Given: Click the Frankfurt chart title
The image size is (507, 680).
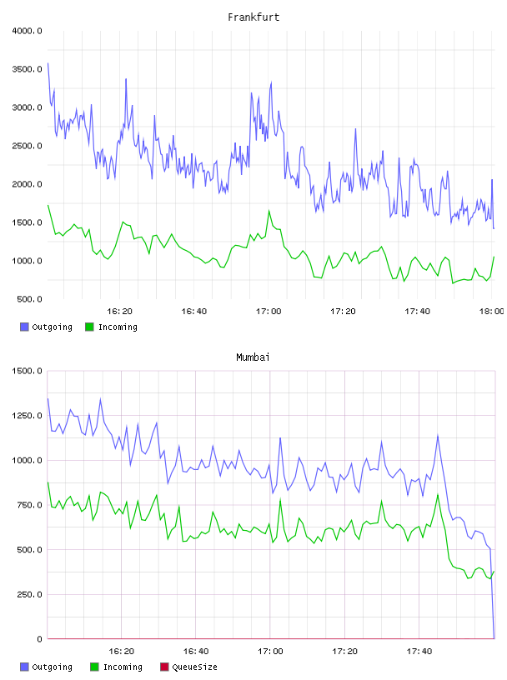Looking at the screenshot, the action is point(254,17).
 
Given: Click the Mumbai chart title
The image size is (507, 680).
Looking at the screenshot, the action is point(253,357).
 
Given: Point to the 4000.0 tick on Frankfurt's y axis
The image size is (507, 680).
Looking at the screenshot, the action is point(27,31).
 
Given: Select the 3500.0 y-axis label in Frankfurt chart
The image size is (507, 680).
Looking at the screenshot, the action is point(27,69).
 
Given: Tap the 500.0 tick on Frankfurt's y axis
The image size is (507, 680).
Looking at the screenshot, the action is point(29,299).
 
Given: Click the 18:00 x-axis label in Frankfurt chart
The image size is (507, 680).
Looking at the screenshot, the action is point(491,312).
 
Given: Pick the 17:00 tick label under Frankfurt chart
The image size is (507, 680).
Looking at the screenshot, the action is point(269,312).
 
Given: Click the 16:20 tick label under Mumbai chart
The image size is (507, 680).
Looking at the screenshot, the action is point(121,652).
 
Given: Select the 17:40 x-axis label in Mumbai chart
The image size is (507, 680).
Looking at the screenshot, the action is point(419,652).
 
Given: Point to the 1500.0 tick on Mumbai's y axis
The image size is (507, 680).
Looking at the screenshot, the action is point(27,371).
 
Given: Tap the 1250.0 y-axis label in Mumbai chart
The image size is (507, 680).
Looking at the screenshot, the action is point(27,416).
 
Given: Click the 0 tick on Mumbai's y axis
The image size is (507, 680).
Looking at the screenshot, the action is point(39,639).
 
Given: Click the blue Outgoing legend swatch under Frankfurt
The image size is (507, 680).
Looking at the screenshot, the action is point(24,327).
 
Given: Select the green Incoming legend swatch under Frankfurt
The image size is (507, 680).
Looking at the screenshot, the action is point(89,327).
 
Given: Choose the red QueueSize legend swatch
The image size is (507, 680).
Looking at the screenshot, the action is point(164,667).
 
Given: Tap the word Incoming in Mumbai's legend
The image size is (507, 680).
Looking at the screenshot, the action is point(123,667).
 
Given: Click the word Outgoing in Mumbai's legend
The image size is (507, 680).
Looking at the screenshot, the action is point(52,667).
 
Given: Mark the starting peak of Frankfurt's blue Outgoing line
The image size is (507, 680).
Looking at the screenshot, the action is point(48,63).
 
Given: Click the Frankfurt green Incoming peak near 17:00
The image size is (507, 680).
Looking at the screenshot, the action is point(269,211).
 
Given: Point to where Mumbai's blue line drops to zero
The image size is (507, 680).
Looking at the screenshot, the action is point(494,638).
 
